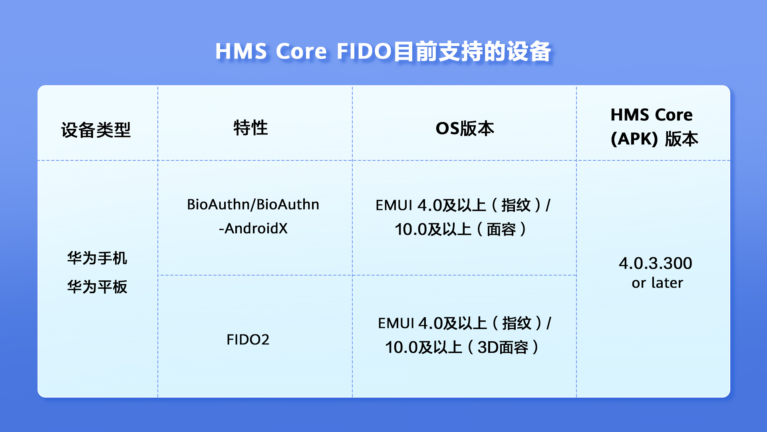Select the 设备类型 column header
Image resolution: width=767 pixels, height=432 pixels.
coord(96,130)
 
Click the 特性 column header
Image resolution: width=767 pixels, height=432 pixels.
coord(250,128)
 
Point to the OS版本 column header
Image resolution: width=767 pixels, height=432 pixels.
coord(465,128)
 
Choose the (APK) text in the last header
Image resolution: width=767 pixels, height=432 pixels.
coord(634,139)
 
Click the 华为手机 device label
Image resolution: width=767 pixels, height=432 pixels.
coord(97,258)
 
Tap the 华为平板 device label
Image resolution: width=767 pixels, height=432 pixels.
coord(97,287)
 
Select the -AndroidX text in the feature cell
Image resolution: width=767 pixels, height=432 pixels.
coord(253,228)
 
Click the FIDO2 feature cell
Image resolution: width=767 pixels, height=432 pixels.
coord(248,340)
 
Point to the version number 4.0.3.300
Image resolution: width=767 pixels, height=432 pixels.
coord(656,263)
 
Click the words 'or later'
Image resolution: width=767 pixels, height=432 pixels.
coord(657,283)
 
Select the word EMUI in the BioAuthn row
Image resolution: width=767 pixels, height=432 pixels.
coord(394,205)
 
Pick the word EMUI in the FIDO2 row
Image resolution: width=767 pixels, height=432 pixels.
coord(396,323)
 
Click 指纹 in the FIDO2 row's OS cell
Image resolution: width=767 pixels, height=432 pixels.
coord(517,323)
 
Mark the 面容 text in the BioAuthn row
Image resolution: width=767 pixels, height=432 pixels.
coord(501,229)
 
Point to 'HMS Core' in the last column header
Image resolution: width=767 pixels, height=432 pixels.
coord(652,115)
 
